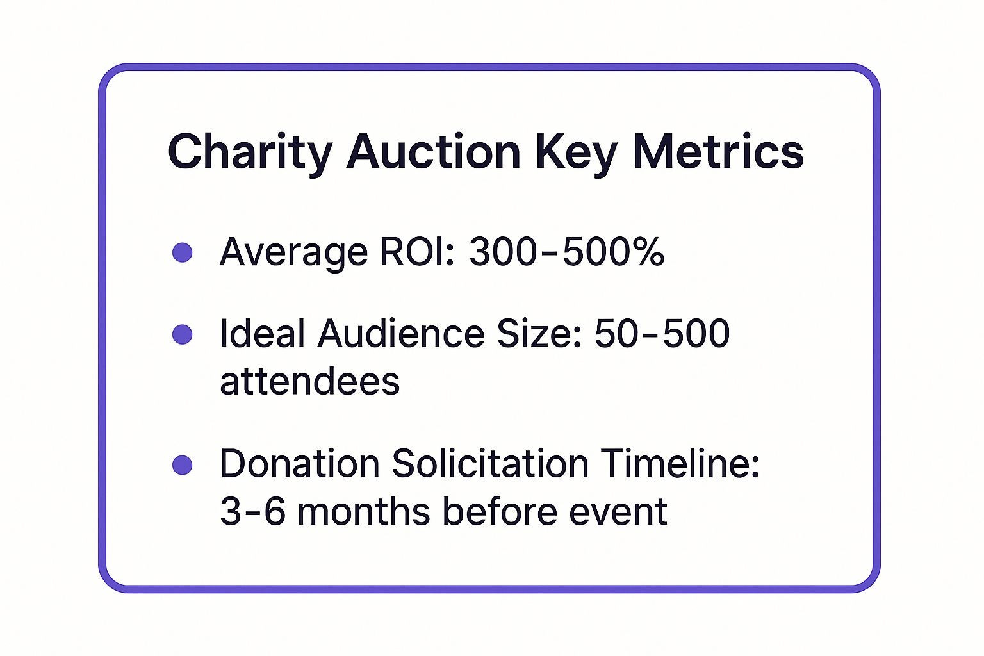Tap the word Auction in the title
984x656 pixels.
434,152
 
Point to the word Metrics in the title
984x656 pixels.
718,152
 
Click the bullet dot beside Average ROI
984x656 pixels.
183,252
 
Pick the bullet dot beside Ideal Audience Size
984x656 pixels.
183,334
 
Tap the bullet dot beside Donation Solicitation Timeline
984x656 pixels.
183,465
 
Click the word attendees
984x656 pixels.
309,382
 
